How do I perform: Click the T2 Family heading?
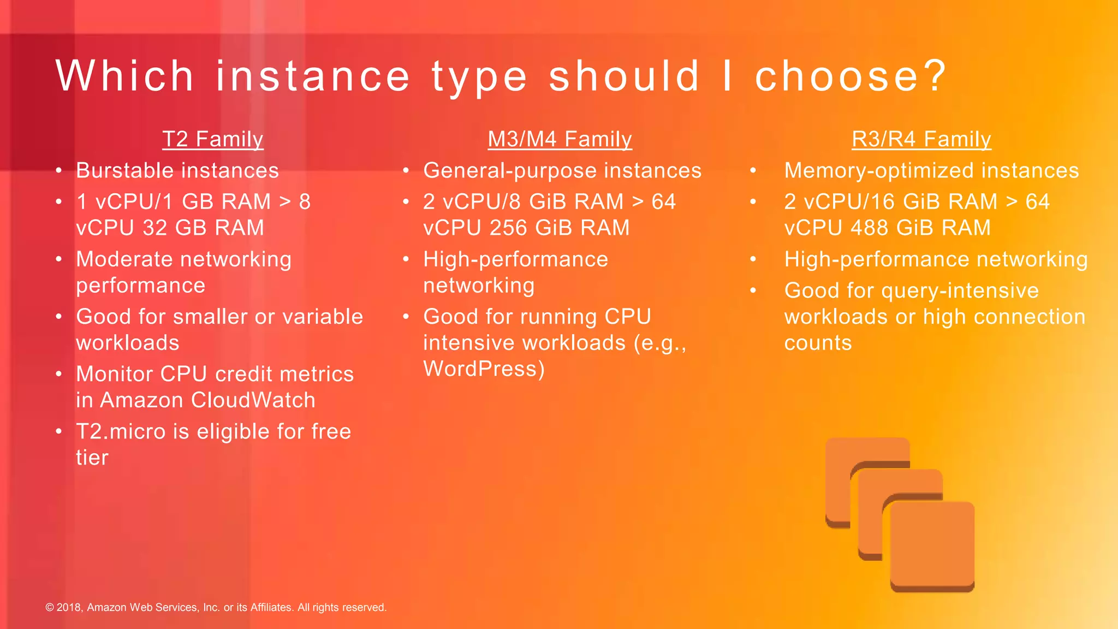pos(213,139)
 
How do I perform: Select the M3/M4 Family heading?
pos(560,139)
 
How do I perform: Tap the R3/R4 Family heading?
pos(921,139)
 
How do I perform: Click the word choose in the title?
pos(851,76)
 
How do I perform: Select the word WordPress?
pos(484,369)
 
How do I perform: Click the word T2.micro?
pos(121,432)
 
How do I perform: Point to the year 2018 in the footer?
pos(69,608)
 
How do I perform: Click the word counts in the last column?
pos(818,343)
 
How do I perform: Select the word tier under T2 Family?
pos(92,458)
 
